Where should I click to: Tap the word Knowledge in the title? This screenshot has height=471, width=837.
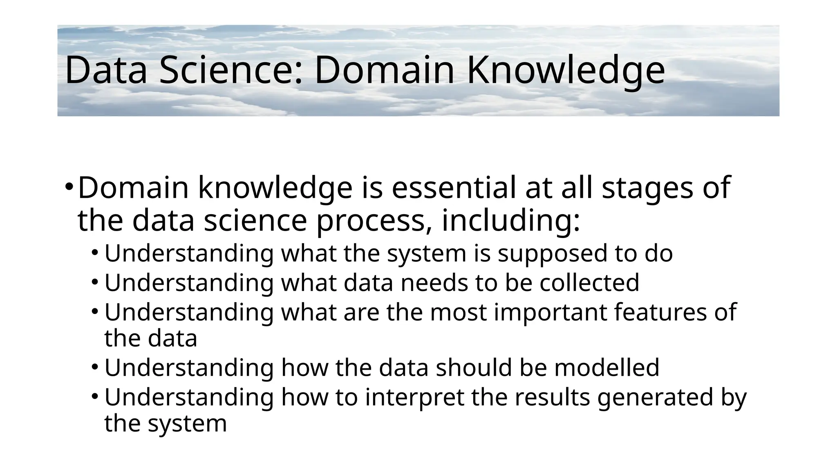(566, 70)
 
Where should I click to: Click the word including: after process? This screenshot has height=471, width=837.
(511, 220)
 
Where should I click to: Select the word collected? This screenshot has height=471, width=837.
(589, 283)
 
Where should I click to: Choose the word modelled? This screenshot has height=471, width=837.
(606, 368)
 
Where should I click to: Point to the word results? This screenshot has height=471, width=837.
(552, 397)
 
